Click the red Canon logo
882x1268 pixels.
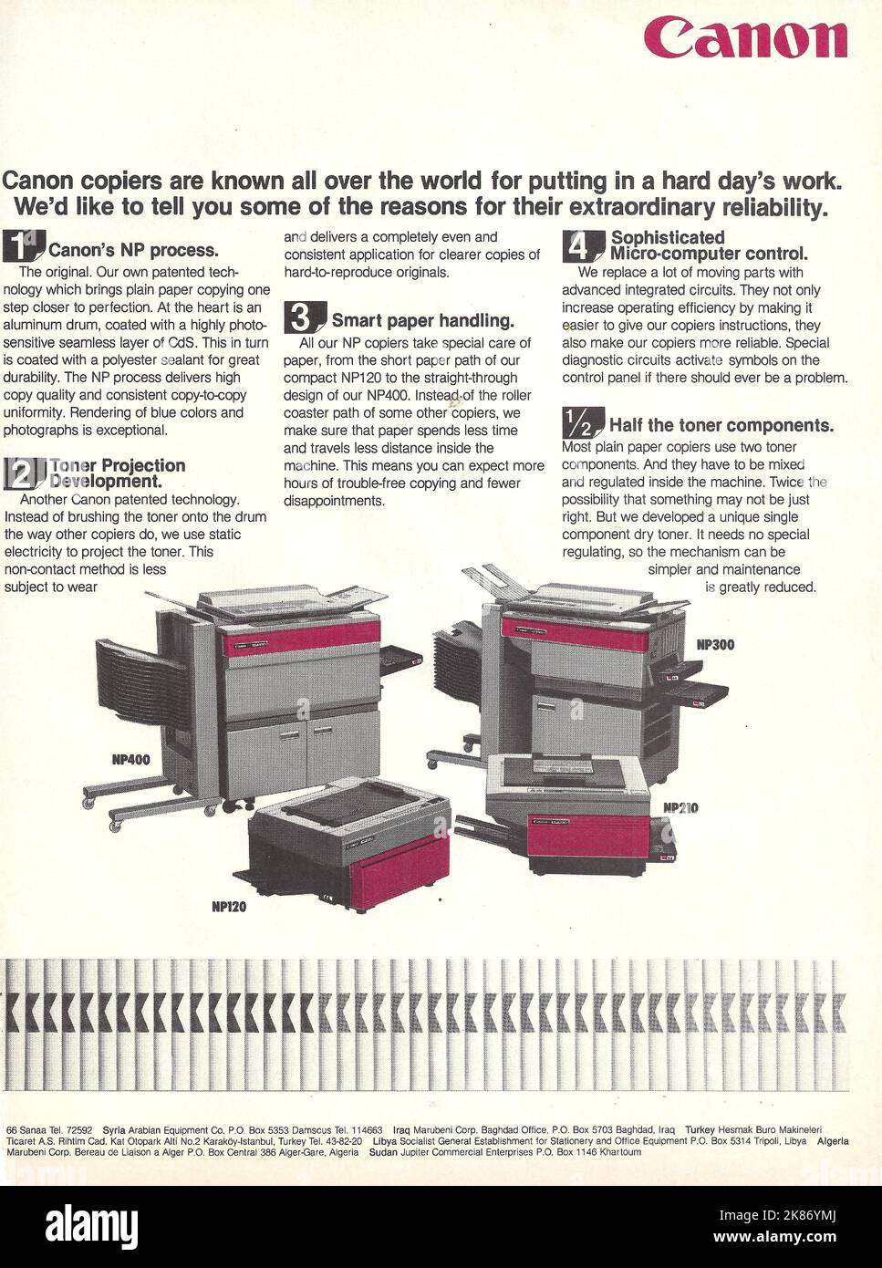tap(745, 39)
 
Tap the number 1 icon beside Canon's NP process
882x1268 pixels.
tap(23, 247)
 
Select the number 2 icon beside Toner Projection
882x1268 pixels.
tap(24, 473)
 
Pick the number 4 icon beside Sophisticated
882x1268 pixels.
tap(582, 245)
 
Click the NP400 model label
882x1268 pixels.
tap(131, 759)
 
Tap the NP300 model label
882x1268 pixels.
tap(715, 645)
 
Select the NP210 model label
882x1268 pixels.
tap(680, 807)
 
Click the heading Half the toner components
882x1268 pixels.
tap(721, 425)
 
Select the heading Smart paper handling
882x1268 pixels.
tap(422, 320)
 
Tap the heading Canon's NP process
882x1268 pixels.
tap(133, 250)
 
